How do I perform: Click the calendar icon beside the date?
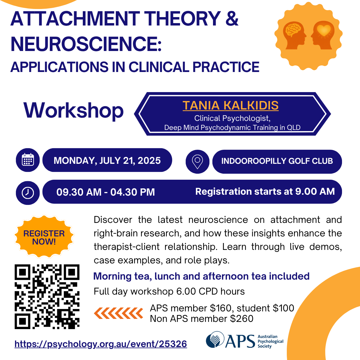point(28,160)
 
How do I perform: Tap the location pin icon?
point(197,162)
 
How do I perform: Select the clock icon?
point(28,193)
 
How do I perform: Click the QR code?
point(47,296)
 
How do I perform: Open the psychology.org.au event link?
point(101,344)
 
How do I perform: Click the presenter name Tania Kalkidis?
point(230,105)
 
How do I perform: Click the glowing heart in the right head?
point(324,30)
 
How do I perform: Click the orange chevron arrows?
point(118,313)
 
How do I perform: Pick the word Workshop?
point(73,111)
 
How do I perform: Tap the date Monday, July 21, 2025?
point(107,160)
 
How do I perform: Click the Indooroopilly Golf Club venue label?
point(277,161)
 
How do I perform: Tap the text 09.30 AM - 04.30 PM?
point(106,192)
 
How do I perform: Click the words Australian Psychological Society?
point(270,341)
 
